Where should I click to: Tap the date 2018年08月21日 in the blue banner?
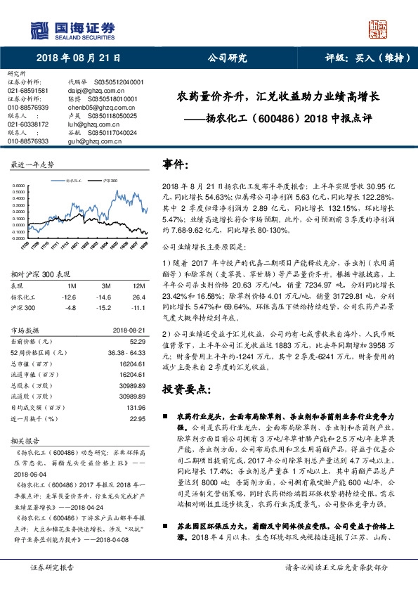(78, 58)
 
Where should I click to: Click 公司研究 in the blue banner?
(223, 58)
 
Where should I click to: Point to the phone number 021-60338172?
(27, 124)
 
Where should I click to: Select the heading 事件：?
(176, 164)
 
